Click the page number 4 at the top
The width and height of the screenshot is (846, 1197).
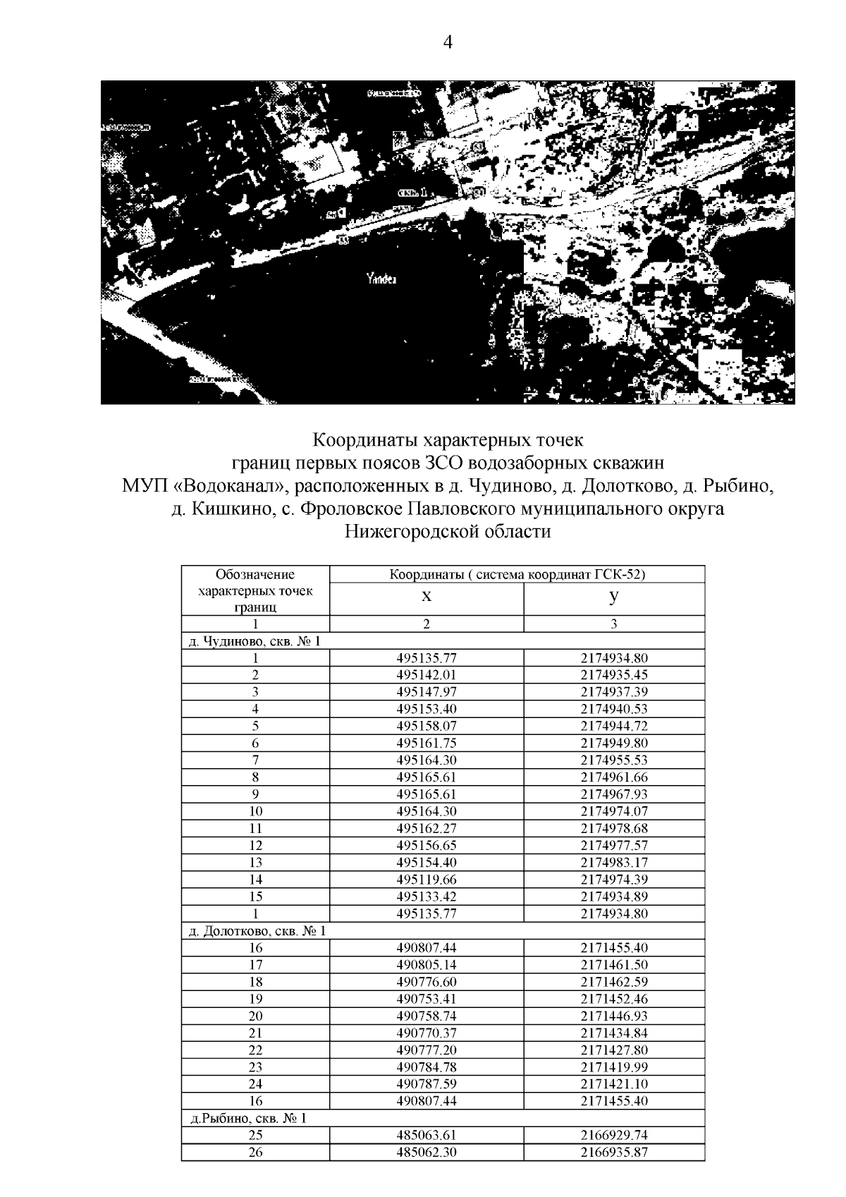click(x=447, y=43)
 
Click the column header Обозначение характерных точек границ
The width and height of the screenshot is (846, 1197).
click(x=255, y=590)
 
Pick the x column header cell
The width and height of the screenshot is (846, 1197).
click(x=427, y=597)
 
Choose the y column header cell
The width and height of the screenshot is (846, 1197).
click(x=614, y=597)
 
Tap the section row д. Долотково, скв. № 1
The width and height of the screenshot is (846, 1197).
click(x=258, y=931)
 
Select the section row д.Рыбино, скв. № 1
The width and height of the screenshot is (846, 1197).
click(x=248, y=1119)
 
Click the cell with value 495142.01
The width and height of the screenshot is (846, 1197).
click(x=427, y=675)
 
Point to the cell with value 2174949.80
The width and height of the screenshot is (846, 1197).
click(x=614, y=743)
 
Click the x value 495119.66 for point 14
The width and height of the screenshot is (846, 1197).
click(x=427, y=880)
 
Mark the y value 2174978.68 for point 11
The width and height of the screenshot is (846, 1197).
click(x=614, y=828)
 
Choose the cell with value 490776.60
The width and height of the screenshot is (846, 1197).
click(x=427, y=982)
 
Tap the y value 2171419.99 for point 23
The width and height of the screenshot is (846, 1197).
click(x=614, y=1067)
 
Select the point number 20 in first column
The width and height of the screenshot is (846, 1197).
click(x=255, y=1016)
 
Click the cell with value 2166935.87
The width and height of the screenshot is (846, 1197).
click(x=614, y=1153)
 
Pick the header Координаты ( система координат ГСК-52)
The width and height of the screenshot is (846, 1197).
click(x=517, y=574)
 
